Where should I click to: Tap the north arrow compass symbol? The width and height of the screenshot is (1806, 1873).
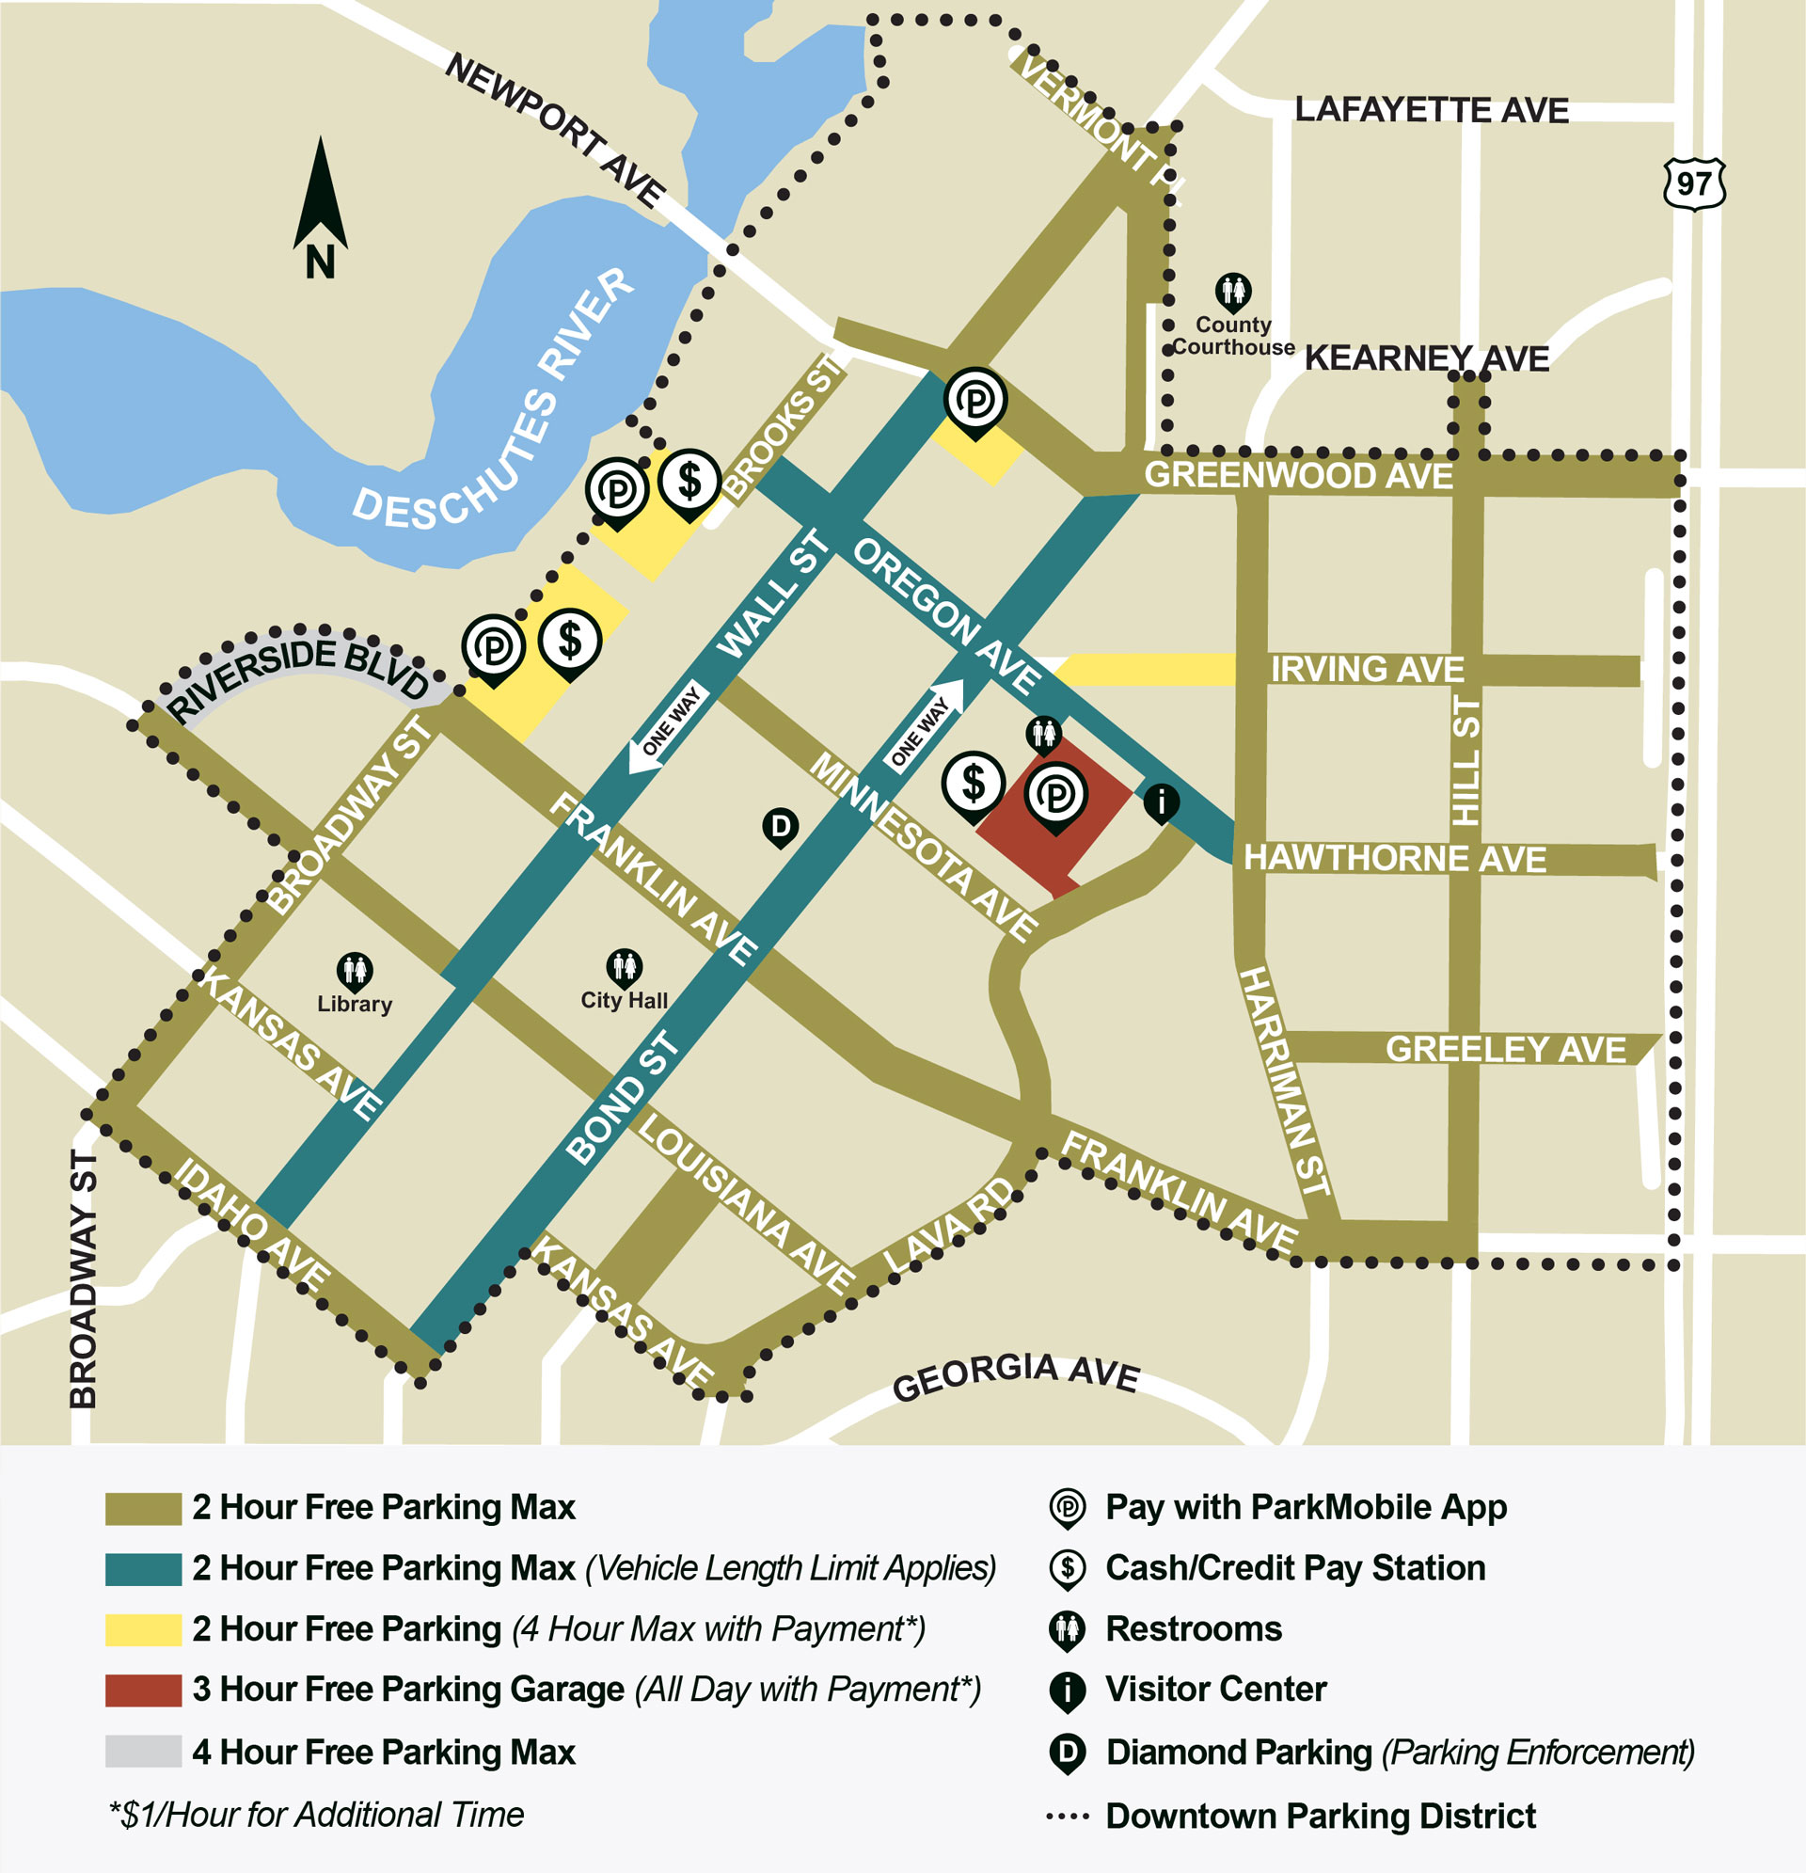pyautogui.click(x=320, y=206)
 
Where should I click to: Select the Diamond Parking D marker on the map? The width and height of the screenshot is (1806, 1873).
pyautogui.click(x=780, y=826)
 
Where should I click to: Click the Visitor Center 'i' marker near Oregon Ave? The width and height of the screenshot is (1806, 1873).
pyautogui.click(x=1161, y=801)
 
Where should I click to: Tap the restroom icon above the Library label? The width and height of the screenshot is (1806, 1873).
pyautogui.click(x=355, y=971)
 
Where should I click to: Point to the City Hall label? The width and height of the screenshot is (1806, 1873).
pyautogui.click(x=624, y=1001)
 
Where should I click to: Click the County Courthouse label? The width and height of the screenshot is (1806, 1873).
pyautogui.click(x=1232, y=337)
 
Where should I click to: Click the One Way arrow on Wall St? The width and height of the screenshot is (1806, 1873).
pyautogui.click(x=668, y=725)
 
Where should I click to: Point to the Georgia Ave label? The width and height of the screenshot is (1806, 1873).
pyautogui.click(x=1016, y=1377)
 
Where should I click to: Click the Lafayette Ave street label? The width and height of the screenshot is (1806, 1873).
pyautogui.click(x=1431, y=111)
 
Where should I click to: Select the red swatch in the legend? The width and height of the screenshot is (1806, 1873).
pyautogui.click(x=143, y=1690)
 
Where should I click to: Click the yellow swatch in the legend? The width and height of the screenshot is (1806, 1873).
pyautogui.click(x=143, y=1629)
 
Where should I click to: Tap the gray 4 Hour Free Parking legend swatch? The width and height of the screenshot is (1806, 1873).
pyautogui.click(x=143, y=1751)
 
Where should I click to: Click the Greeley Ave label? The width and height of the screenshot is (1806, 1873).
pyautogui.click(x=1505, y=1049)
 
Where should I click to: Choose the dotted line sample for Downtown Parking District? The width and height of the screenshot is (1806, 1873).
pyautogui.click(x=1067, y=1816)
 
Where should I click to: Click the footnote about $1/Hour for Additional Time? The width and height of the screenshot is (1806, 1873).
pyautogui.click(x=316, y=1814)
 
